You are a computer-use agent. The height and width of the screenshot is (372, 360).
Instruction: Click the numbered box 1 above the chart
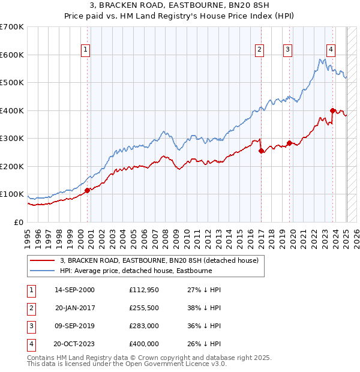point(86,50)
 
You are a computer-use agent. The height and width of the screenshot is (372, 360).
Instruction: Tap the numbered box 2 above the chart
point(260,50)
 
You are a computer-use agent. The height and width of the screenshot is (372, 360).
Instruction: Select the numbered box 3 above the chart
point(288,50)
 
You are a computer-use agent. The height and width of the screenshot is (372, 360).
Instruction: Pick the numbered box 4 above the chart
point(331,50)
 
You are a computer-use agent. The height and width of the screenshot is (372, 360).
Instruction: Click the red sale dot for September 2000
point(87,190)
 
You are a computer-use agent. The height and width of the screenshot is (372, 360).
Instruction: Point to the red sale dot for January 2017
point(261,151)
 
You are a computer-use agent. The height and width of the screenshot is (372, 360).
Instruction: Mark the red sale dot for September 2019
point(289,143)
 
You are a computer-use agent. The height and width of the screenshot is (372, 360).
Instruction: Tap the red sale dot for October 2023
point(332,110)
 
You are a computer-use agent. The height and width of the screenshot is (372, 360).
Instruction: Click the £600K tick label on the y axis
point(12,55)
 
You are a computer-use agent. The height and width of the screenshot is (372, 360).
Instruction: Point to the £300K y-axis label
point(12,139)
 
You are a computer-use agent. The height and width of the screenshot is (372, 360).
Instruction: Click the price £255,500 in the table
point(144,307)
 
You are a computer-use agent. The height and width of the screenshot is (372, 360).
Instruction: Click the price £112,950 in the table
point(144,289)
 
